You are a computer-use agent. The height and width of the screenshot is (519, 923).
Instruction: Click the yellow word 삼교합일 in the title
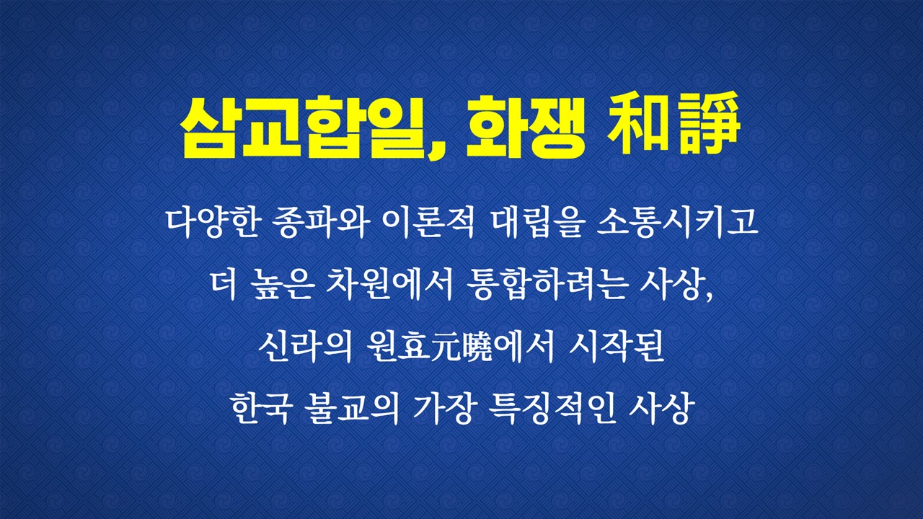coord(304,127)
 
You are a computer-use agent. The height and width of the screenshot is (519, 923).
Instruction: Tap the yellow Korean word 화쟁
coord(525,127)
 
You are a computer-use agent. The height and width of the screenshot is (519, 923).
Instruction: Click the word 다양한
coord(213,224)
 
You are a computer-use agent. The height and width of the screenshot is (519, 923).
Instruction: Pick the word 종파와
coord(319,224)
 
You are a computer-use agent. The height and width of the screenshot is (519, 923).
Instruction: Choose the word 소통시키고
coord(677,224)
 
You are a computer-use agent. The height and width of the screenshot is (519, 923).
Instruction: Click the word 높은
coord(282,286)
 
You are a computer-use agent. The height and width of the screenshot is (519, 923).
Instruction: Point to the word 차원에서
coord(389,286)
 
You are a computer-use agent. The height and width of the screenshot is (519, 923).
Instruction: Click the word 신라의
coord(305,348)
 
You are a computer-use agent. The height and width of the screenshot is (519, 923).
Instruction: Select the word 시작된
coord(616,348)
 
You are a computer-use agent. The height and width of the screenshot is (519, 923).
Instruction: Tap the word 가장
coord(443,410)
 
